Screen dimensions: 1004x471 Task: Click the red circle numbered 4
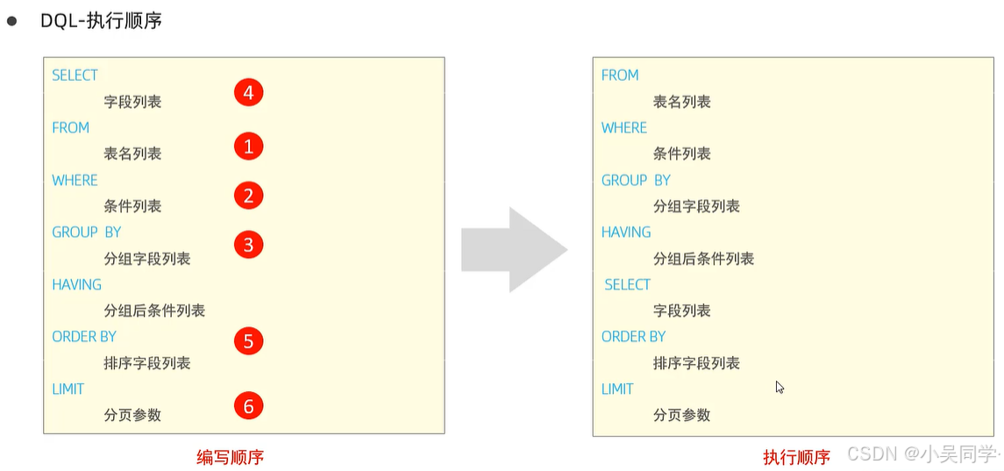tap(248, 93)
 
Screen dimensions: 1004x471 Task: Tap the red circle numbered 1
tap(248, 146)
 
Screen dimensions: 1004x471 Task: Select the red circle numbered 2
tap(248, 196)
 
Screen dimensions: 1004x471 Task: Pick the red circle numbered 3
tap(248, 245)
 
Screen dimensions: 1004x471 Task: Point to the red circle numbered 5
tap(248, 341)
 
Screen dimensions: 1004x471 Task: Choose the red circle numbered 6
tap(248, 406)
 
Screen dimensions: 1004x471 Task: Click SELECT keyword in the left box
tap(75, 75)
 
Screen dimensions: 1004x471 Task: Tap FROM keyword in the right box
tap(620, 75)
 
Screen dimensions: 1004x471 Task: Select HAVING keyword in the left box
tap(76, 284)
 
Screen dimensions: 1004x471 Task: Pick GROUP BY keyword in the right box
tap(636, 180)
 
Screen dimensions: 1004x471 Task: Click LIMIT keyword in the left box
tap(68, 389)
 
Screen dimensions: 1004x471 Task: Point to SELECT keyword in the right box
tap(628, 284)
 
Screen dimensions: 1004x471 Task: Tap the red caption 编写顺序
tap(230, 457)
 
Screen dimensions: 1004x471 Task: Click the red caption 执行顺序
tap(796, 457)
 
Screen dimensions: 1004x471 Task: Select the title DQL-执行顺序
tap(101, 21)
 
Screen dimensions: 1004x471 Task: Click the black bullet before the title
tap(12, 20)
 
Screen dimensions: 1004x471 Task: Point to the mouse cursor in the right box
tap(780, 387)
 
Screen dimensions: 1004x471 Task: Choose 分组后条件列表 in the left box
tap(154, 310)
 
